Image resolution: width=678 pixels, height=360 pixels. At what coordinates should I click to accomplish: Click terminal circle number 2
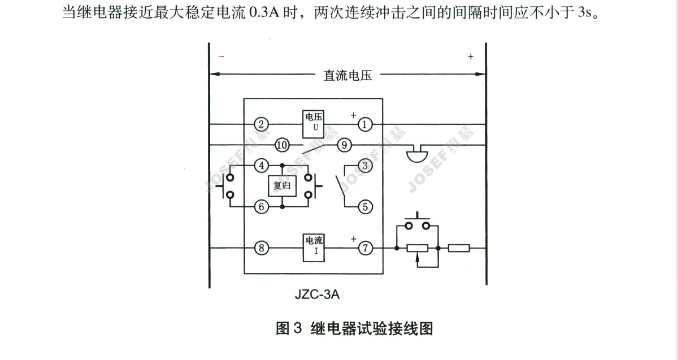(260, 124)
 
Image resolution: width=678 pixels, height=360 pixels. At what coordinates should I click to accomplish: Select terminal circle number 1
(366, 124)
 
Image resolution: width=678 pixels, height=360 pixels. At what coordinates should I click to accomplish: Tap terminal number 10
(282, 145)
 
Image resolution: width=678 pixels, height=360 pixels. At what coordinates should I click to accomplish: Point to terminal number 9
(344, 145)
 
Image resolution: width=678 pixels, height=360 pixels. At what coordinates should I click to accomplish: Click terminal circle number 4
(260, 166)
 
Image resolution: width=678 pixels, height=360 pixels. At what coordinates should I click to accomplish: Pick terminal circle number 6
(260, 207)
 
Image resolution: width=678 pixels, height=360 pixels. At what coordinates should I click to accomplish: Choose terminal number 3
(366, 166)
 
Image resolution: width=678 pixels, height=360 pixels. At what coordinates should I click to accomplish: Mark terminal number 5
(366, 207)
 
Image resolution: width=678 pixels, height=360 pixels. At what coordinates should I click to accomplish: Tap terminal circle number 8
(260, 248)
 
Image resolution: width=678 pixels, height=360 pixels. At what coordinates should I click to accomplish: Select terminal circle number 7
(366, 248)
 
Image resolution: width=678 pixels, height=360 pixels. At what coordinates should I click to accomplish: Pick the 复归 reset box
(282, 186)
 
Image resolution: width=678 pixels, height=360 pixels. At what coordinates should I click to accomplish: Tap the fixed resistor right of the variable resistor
(459, 248)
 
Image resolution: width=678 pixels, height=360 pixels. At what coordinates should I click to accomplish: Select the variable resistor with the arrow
(418, 248)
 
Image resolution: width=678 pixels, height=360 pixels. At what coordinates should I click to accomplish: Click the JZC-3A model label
(317, 294)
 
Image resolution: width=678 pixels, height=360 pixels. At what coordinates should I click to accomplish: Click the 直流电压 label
(347, 76)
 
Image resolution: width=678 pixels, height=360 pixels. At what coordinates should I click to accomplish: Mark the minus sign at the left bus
(221, 57)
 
